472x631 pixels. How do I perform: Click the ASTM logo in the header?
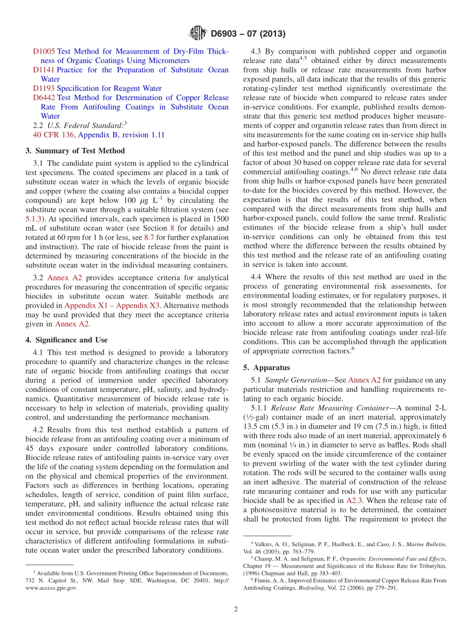click(198, 34)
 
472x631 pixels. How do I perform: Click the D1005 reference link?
click(44, 51)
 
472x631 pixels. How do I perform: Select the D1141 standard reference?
click(44, 70)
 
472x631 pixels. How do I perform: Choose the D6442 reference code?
click(44, 98)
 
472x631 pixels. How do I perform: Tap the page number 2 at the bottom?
click(236, 610)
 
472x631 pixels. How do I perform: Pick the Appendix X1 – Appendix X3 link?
click(112, 306)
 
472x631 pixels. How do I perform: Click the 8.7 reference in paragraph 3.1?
click(149, 238)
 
